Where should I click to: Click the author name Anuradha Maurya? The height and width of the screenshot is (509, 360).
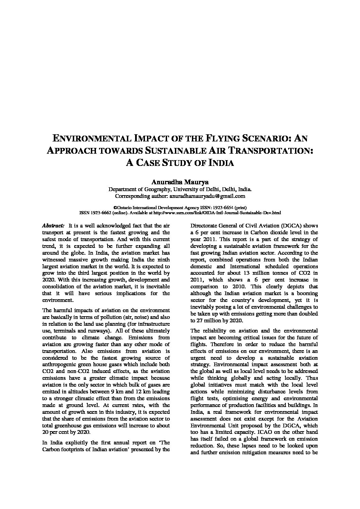tap(180, 183)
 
